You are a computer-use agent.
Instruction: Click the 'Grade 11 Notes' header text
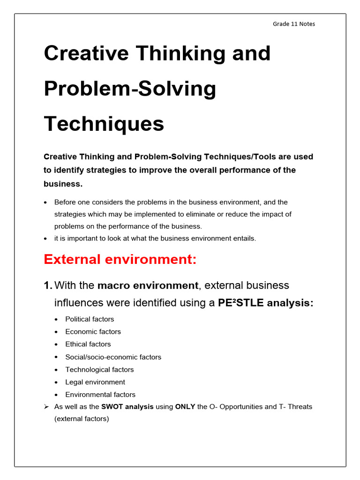(x=294, y=24)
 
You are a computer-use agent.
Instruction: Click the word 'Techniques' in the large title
(x=104, y=124)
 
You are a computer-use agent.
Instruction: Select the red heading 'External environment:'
(x=120, y=259)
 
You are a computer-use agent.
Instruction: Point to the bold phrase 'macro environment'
(x=148, y=285)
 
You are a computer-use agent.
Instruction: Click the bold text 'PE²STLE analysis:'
(x=266, y=303)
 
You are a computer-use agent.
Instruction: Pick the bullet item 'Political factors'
(x=90, y=319)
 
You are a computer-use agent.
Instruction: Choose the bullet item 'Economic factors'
(x=93, y=332)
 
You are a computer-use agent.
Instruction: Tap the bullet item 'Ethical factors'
(x=88, y=344)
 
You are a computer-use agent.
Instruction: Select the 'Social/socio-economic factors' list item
(x=113, y=357)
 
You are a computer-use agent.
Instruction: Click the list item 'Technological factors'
(x=99, y=369)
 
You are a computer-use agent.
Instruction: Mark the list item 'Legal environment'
(x=95, y=382)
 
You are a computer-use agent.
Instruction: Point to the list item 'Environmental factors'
(x=100, y=395)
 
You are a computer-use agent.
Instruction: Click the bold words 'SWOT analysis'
(x=127, y=407)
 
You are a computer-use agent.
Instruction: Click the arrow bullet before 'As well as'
(x=46, y=407)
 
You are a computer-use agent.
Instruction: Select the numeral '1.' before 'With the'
(x=48, y=285)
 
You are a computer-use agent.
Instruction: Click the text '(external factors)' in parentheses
(x=82, y=419)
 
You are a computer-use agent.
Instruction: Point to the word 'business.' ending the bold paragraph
(x=63, y=184)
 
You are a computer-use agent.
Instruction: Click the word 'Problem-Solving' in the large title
(x=130, y=89)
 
